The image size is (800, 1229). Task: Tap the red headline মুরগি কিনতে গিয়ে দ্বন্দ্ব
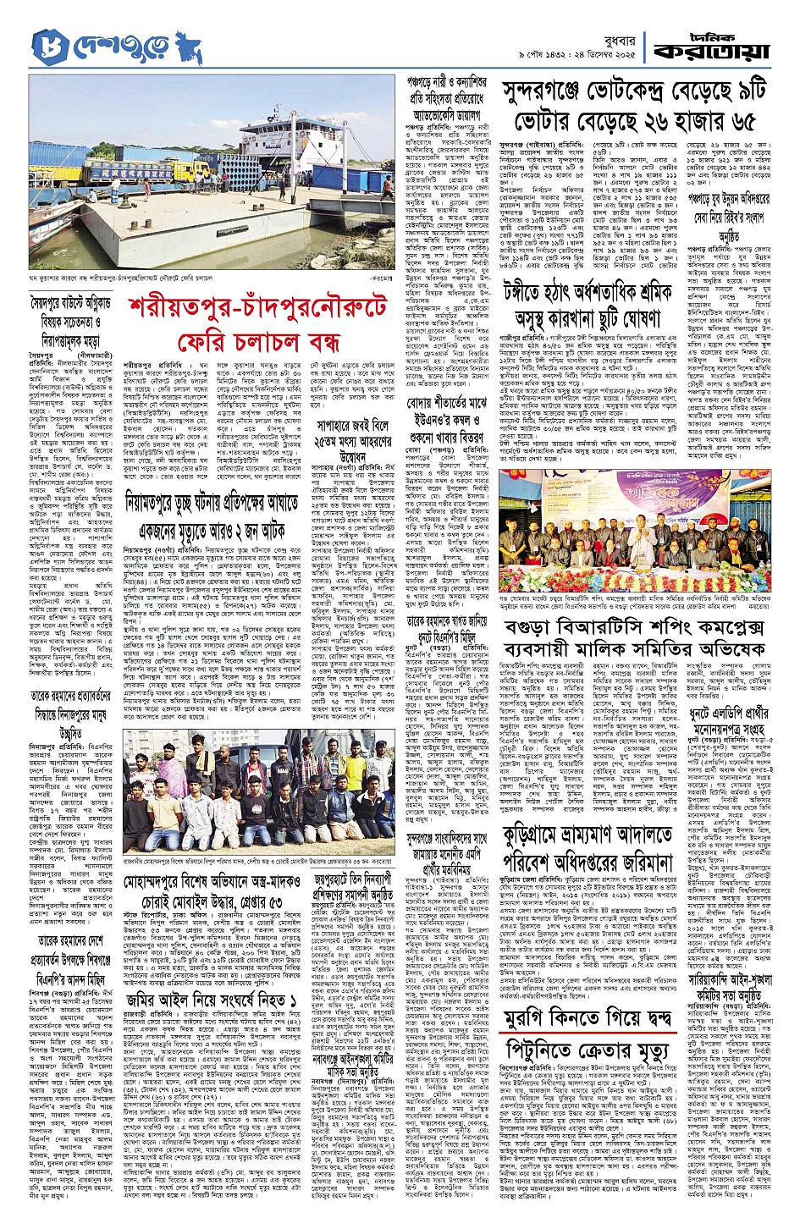pyautogui.click(x=601, y=1021)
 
